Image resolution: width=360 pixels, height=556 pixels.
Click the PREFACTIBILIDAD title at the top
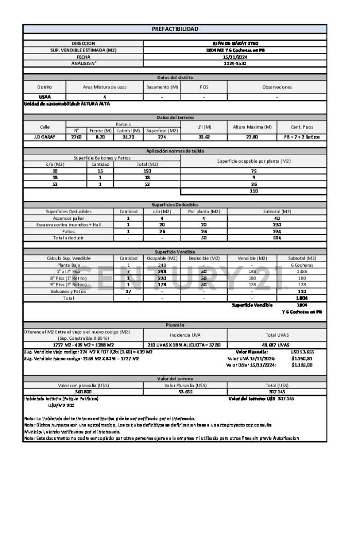click(175, 29)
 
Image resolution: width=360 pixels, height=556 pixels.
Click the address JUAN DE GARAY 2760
click(235, 43)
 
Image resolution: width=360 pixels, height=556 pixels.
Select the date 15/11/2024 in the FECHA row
click(235, 57)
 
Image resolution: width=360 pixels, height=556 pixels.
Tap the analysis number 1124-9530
click(235, 63)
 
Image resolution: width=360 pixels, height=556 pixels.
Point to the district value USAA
click(44, 97)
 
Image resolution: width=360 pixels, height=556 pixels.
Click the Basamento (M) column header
click(162, 87)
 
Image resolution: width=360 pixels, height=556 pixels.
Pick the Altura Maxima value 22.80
click(252, 137)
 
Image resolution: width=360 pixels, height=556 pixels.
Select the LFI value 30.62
click(204, 137)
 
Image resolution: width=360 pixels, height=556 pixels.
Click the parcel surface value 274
click(162, 137)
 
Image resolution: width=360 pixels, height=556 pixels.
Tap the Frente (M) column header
click(100, 130)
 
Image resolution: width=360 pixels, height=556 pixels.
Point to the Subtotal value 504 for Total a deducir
click(277, 238)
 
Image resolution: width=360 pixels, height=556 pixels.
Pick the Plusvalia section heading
click(175, 325)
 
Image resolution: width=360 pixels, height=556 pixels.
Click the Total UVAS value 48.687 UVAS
click(277, 345)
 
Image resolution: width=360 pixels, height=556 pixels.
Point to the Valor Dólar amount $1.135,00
click(302, 365)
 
